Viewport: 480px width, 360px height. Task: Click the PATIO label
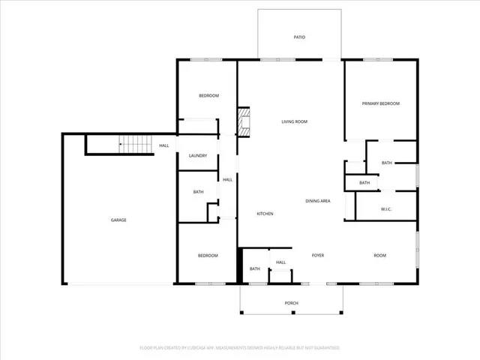[x=298, y=37]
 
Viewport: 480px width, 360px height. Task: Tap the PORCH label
[x=291, y=303]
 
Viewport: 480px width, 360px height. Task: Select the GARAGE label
[x=118, y=220]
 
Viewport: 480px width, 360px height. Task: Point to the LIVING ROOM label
[x=294, y=121]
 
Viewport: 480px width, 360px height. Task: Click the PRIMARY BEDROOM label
[x=380, y=103]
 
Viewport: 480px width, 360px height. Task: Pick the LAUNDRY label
[x=197, y=156]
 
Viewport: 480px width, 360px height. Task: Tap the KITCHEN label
[x=265, y=214]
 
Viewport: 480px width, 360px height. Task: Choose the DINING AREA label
[x=318, y=201]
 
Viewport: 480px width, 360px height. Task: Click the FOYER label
[x=318, y=256]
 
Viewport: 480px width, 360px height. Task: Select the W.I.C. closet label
[x=387, y=209]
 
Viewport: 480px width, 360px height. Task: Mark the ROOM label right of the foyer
[x=379, y=256]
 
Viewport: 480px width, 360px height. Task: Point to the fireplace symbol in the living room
[x=243, y=122]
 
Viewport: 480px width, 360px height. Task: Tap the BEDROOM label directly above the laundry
[x=208, y=95]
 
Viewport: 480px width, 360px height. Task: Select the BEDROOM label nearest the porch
[x=208, y=256]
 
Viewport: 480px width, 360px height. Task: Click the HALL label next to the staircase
[x=163, y=145]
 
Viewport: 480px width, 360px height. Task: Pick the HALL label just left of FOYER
[x=280, y=262]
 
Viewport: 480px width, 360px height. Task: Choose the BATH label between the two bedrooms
[x=198, y=192]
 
